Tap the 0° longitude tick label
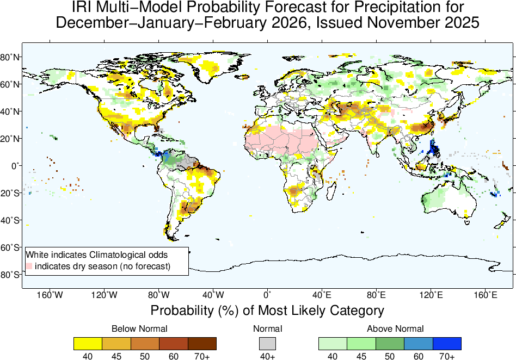tap(267, 295)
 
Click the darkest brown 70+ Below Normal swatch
tap(202, 343)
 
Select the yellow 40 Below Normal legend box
tap(88, 343)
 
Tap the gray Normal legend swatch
tap(267, 343)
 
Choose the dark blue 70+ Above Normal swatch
tap(447, 343)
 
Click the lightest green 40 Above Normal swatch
tap(333, 343)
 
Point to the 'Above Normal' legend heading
tap(395, 329)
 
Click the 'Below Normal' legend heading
tap(139, 329)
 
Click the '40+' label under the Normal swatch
tap(267, 356)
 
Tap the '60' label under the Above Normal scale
tap(419, 356)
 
